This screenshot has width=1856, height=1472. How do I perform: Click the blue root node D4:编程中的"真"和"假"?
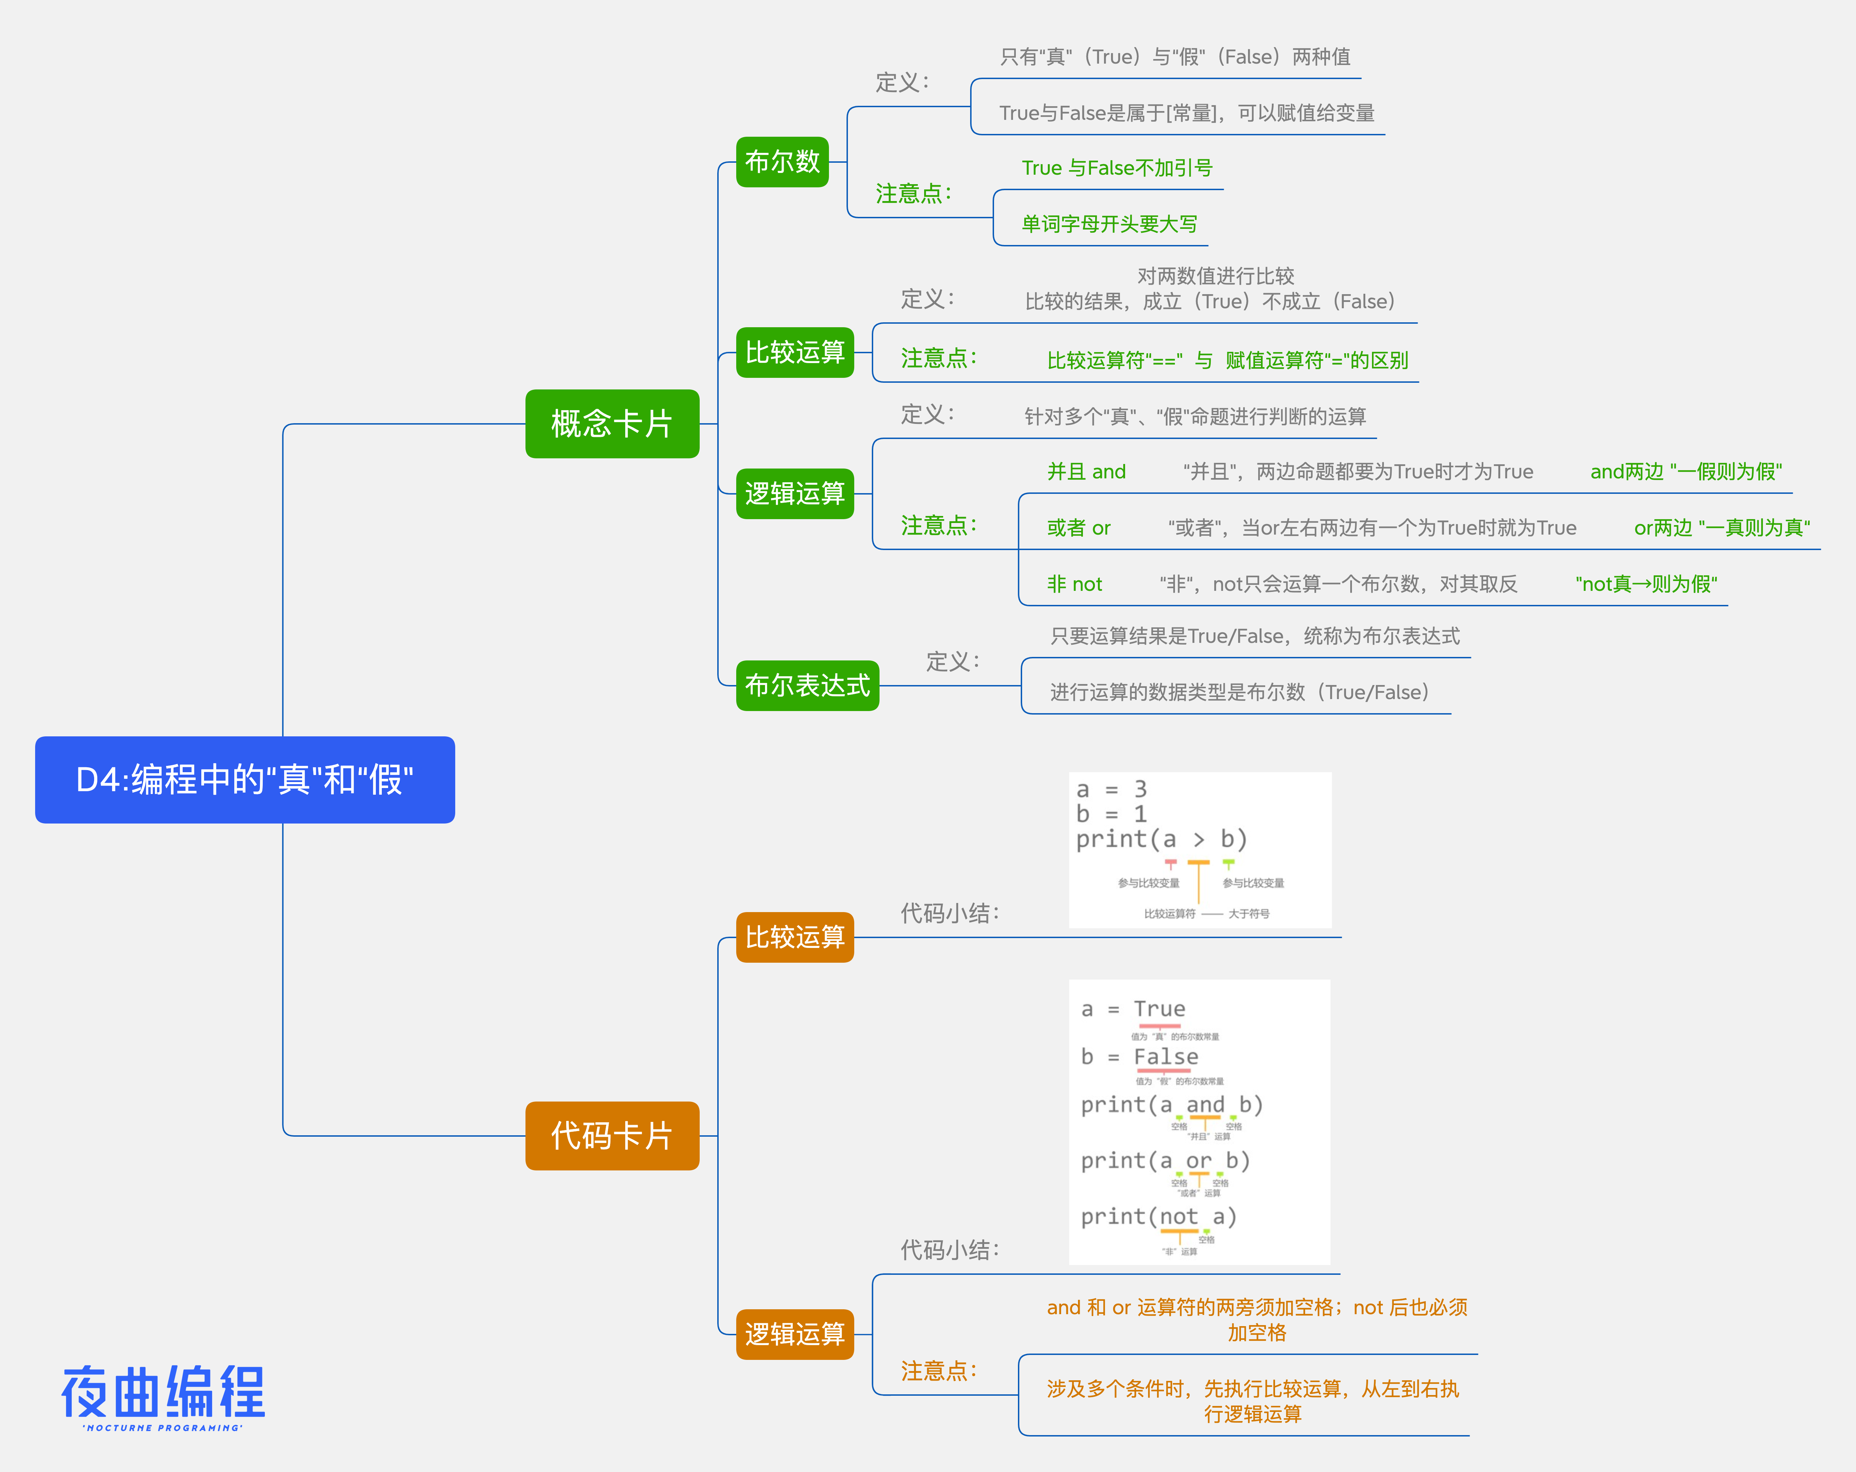[244, 780]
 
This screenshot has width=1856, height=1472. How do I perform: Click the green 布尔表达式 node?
[806, 686]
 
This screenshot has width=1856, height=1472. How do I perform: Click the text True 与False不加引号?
[1117, 168]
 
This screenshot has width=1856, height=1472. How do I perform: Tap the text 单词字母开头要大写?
[1109, 224]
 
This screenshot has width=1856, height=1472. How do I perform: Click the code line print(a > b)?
[1161, 839]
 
